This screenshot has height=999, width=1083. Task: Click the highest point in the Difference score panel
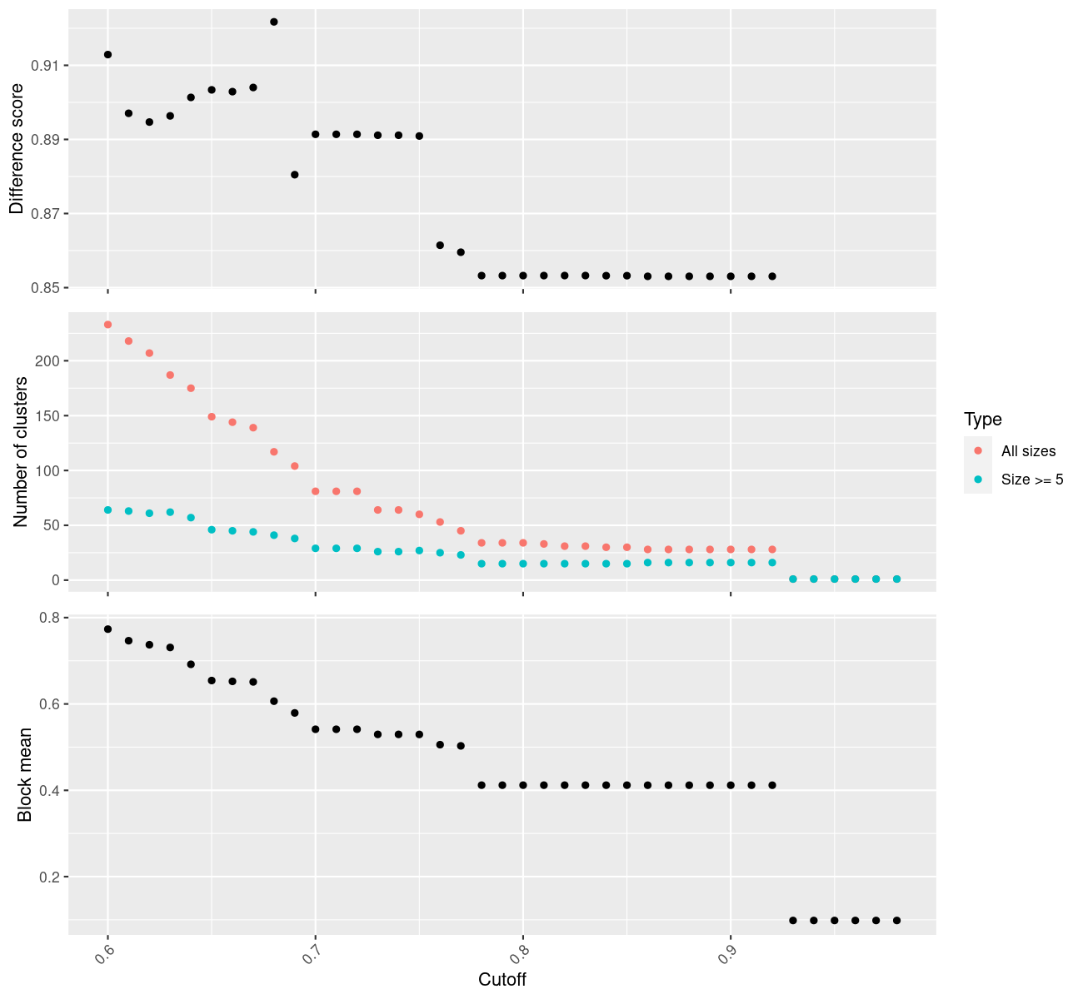coord(274,22)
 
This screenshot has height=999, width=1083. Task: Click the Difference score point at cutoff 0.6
coord(107,54)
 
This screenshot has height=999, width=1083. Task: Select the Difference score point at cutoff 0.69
coord(295,175)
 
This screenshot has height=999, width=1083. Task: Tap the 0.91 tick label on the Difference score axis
coord(47,66)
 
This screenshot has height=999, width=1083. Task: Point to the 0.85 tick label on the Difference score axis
coord(47,288)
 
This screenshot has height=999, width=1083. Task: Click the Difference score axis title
coord(17,150)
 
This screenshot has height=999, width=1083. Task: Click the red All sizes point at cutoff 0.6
coord(107,325)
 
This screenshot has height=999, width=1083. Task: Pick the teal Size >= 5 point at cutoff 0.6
coord(107,509)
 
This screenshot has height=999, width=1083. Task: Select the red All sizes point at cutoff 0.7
coord(316,491)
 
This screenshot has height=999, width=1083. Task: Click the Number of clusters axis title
coord(22,452)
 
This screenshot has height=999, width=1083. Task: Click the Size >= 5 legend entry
coord(1032,480)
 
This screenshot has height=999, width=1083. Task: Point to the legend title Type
coord(982,420)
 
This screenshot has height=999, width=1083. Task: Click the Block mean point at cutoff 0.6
coord(107,629)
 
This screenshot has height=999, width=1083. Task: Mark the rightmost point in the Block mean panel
coord(896,920)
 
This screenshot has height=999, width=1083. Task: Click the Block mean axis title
coord(25,775)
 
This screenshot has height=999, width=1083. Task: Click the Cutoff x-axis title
coord(502,980)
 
